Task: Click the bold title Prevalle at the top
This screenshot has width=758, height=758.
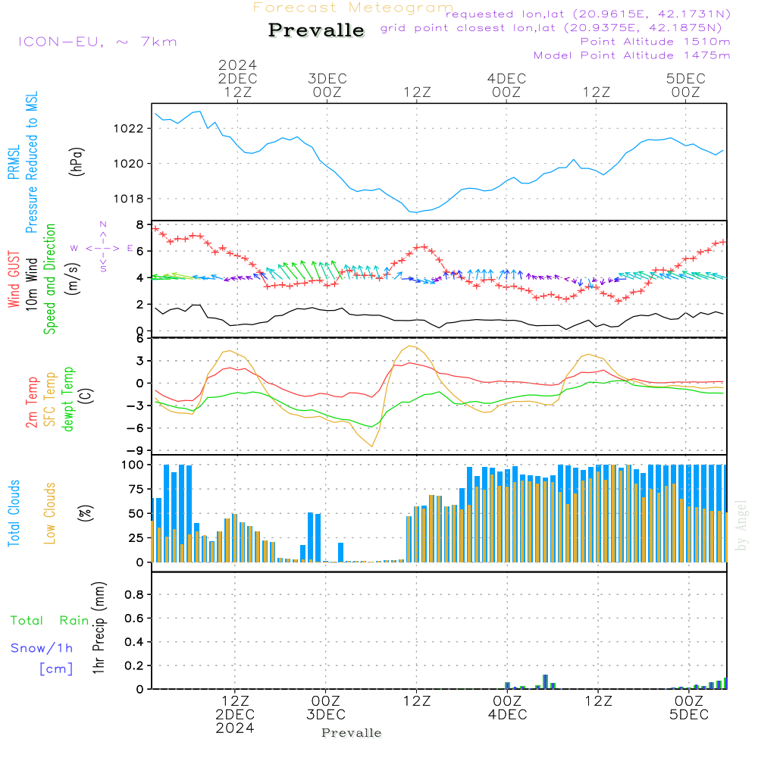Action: (x=316, y=30)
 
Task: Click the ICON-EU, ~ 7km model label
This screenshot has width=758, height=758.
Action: (x=98, y=42)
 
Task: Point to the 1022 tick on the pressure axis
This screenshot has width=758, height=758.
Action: (x=128, y=129)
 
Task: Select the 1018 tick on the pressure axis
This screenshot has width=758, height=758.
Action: (x=128, y=199)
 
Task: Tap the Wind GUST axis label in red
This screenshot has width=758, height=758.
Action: (x=14, y=279)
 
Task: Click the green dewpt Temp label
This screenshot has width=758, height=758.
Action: (x=67, y=399)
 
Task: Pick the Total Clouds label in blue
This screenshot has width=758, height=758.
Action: (x=14, y=513)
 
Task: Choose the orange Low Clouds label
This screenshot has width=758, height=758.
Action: (x=50, y=513)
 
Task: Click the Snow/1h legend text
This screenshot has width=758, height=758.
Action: (x=42, y=648)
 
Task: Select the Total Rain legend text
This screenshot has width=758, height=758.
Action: (x=50, y=620)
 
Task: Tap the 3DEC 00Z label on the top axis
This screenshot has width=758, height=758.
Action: (x=327, y=85)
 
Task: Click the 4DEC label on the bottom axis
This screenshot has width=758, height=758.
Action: (x=507, y=715)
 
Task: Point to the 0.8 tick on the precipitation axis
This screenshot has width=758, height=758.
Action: (x=134, y=594)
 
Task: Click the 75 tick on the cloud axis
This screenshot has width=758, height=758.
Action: (x=136, y=489)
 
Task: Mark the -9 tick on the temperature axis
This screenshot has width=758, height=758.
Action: (x=136, y=450)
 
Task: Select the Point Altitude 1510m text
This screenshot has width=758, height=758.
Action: (x=655, y=42)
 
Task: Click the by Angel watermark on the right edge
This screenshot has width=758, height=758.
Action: (x=741, y=525)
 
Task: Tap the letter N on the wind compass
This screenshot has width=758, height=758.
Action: (x=103, y=224)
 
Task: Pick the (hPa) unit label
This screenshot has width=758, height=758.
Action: (x=77, y=161)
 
